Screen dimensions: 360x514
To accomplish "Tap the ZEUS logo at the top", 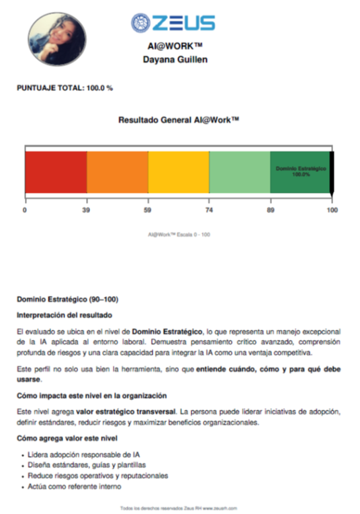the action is [173, 23].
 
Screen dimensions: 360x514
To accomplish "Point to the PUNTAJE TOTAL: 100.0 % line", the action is [64, 88].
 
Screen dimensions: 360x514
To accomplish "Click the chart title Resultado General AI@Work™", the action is [179, 120].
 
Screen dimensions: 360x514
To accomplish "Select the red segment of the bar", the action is [56, 172].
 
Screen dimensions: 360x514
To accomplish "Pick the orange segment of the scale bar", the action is [118, 172].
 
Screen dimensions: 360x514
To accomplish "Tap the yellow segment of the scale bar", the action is [179, 172].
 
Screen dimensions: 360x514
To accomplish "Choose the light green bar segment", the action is [240, 172].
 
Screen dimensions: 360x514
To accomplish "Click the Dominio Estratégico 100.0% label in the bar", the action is [300, 171].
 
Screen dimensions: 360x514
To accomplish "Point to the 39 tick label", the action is [86, 210].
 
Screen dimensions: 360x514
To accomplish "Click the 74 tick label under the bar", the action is [210, 210].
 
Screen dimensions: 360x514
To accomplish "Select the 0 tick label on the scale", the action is [25, 210].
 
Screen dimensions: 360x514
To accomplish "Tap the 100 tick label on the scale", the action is [332, 210].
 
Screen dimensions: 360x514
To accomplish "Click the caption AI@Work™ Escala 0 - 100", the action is [179, 234].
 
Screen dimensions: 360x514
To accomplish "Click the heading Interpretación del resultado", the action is [64, 314].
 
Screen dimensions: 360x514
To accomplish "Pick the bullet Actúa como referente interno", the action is [71, 486].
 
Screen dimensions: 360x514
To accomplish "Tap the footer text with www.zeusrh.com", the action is [178, 508].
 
